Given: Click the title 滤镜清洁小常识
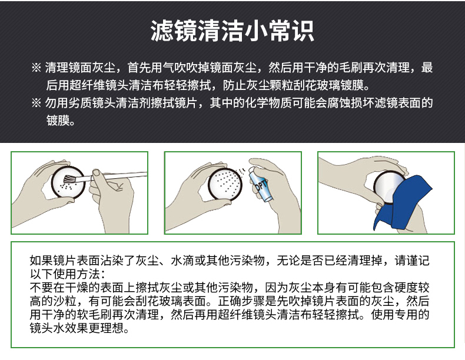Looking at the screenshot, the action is (x=232, y=31).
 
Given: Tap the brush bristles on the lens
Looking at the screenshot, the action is (x=69, y=179).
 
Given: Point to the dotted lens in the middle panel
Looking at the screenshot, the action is (x=225, y=183).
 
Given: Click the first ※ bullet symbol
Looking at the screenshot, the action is (x=36, y=68).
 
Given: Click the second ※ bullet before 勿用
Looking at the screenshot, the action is (x=36, y=103).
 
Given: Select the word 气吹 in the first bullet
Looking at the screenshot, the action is (x=174, y=68).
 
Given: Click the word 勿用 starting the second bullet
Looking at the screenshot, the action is (x=57, y=103).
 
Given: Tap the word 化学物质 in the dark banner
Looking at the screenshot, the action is (x=268, y=103).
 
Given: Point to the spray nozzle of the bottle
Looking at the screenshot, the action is (x=251, y=169).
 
